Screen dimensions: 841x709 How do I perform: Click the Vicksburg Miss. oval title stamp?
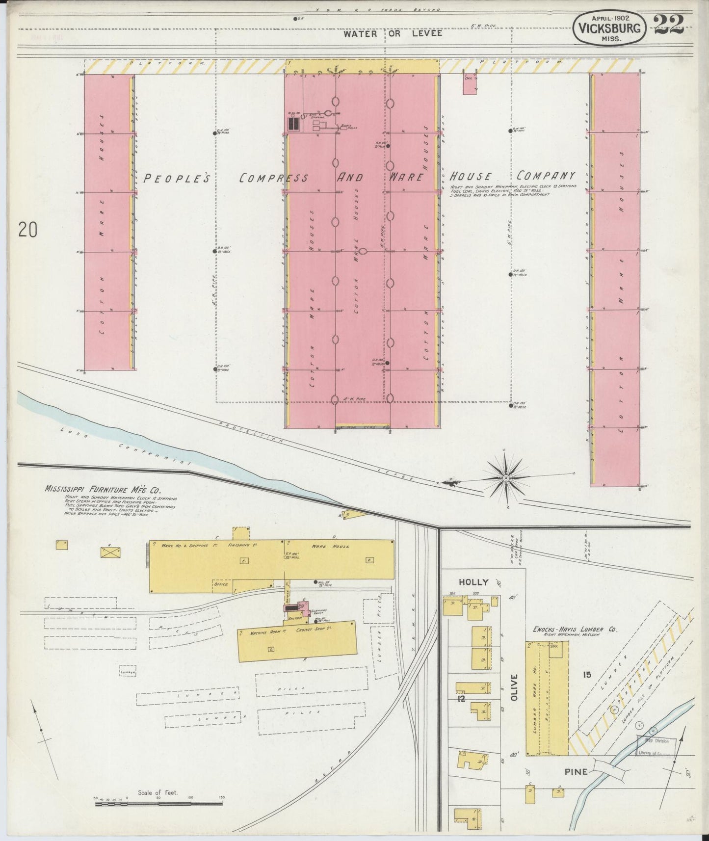point(609,28)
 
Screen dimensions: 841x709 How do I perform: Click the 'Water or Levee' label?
point(393,33)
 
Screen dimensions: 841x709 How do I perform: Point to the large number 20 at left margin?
point(28,230)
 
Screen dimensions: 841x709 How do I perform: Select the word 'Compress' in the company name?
point(274,178)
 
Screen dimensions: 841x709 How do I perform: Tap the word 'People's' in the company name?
point(176,179)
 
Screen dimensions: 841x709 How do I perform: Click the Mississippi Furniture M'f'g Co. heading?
point(103,489)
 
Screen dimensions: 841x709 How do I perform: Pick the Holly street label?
point(473,582)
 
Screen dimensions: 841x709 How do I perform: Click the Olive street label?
point(514,687)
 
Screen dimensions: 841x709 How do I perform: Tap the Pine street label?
point(576,772)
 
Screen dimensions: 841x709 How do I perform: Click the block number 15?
point(586,675)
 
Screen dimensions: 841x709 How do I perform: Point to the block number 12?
point(461,699)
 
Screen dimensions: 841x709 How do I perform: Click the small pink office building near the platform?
point(470,84)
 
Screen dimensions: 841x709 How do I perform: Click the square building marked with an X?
point(110,552)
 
